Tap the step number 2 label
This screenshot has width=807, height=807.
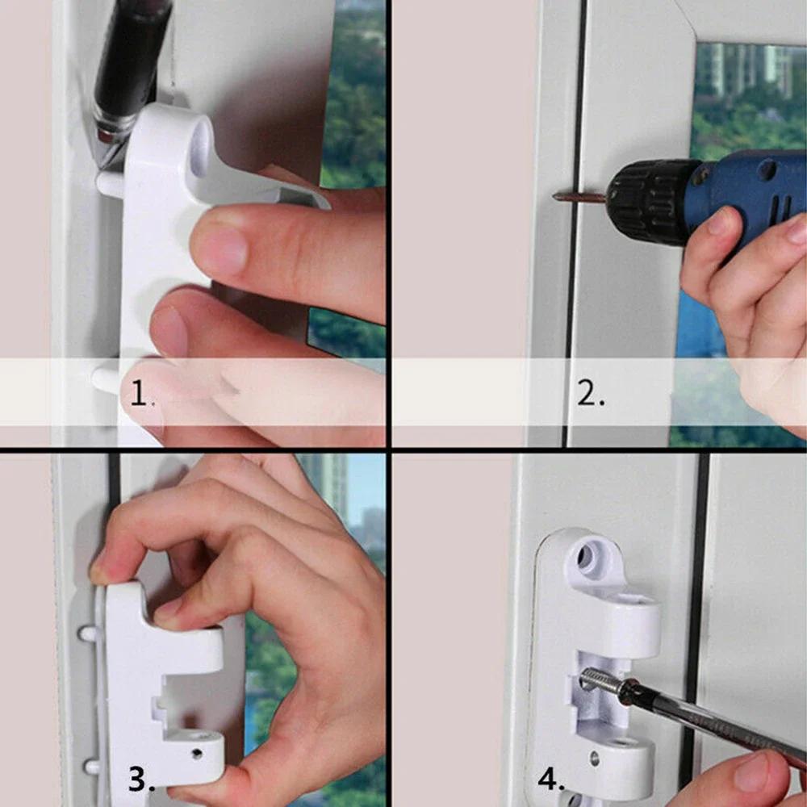(590, 395)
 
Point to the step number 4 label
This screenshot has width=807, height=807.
(551, 780)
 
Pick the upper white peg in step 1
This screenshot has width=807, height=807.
(111, 183)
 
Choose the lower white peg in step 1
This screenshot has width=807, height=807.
(106, 378)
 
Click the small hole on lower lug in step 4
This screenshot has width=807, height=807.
(595, 759)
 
